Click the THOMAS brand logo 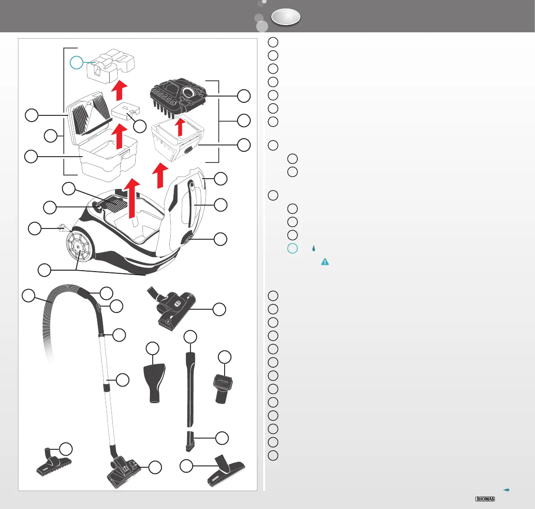485,499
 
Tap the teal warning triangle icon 324,262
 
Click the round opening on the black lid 191,93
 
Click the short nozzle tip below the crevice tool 190,440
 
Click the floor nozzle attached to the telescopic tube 124,471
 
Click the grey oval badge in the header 286,17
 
